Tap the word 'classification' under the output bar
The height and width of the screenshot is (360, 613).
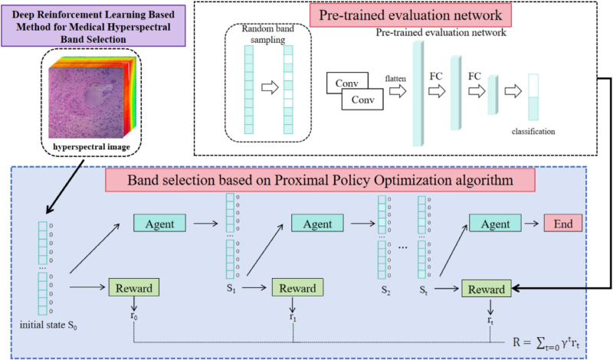click(x=533, y=132)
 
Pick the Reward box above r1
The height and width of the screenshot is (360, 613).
click(x=294, y=289)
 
